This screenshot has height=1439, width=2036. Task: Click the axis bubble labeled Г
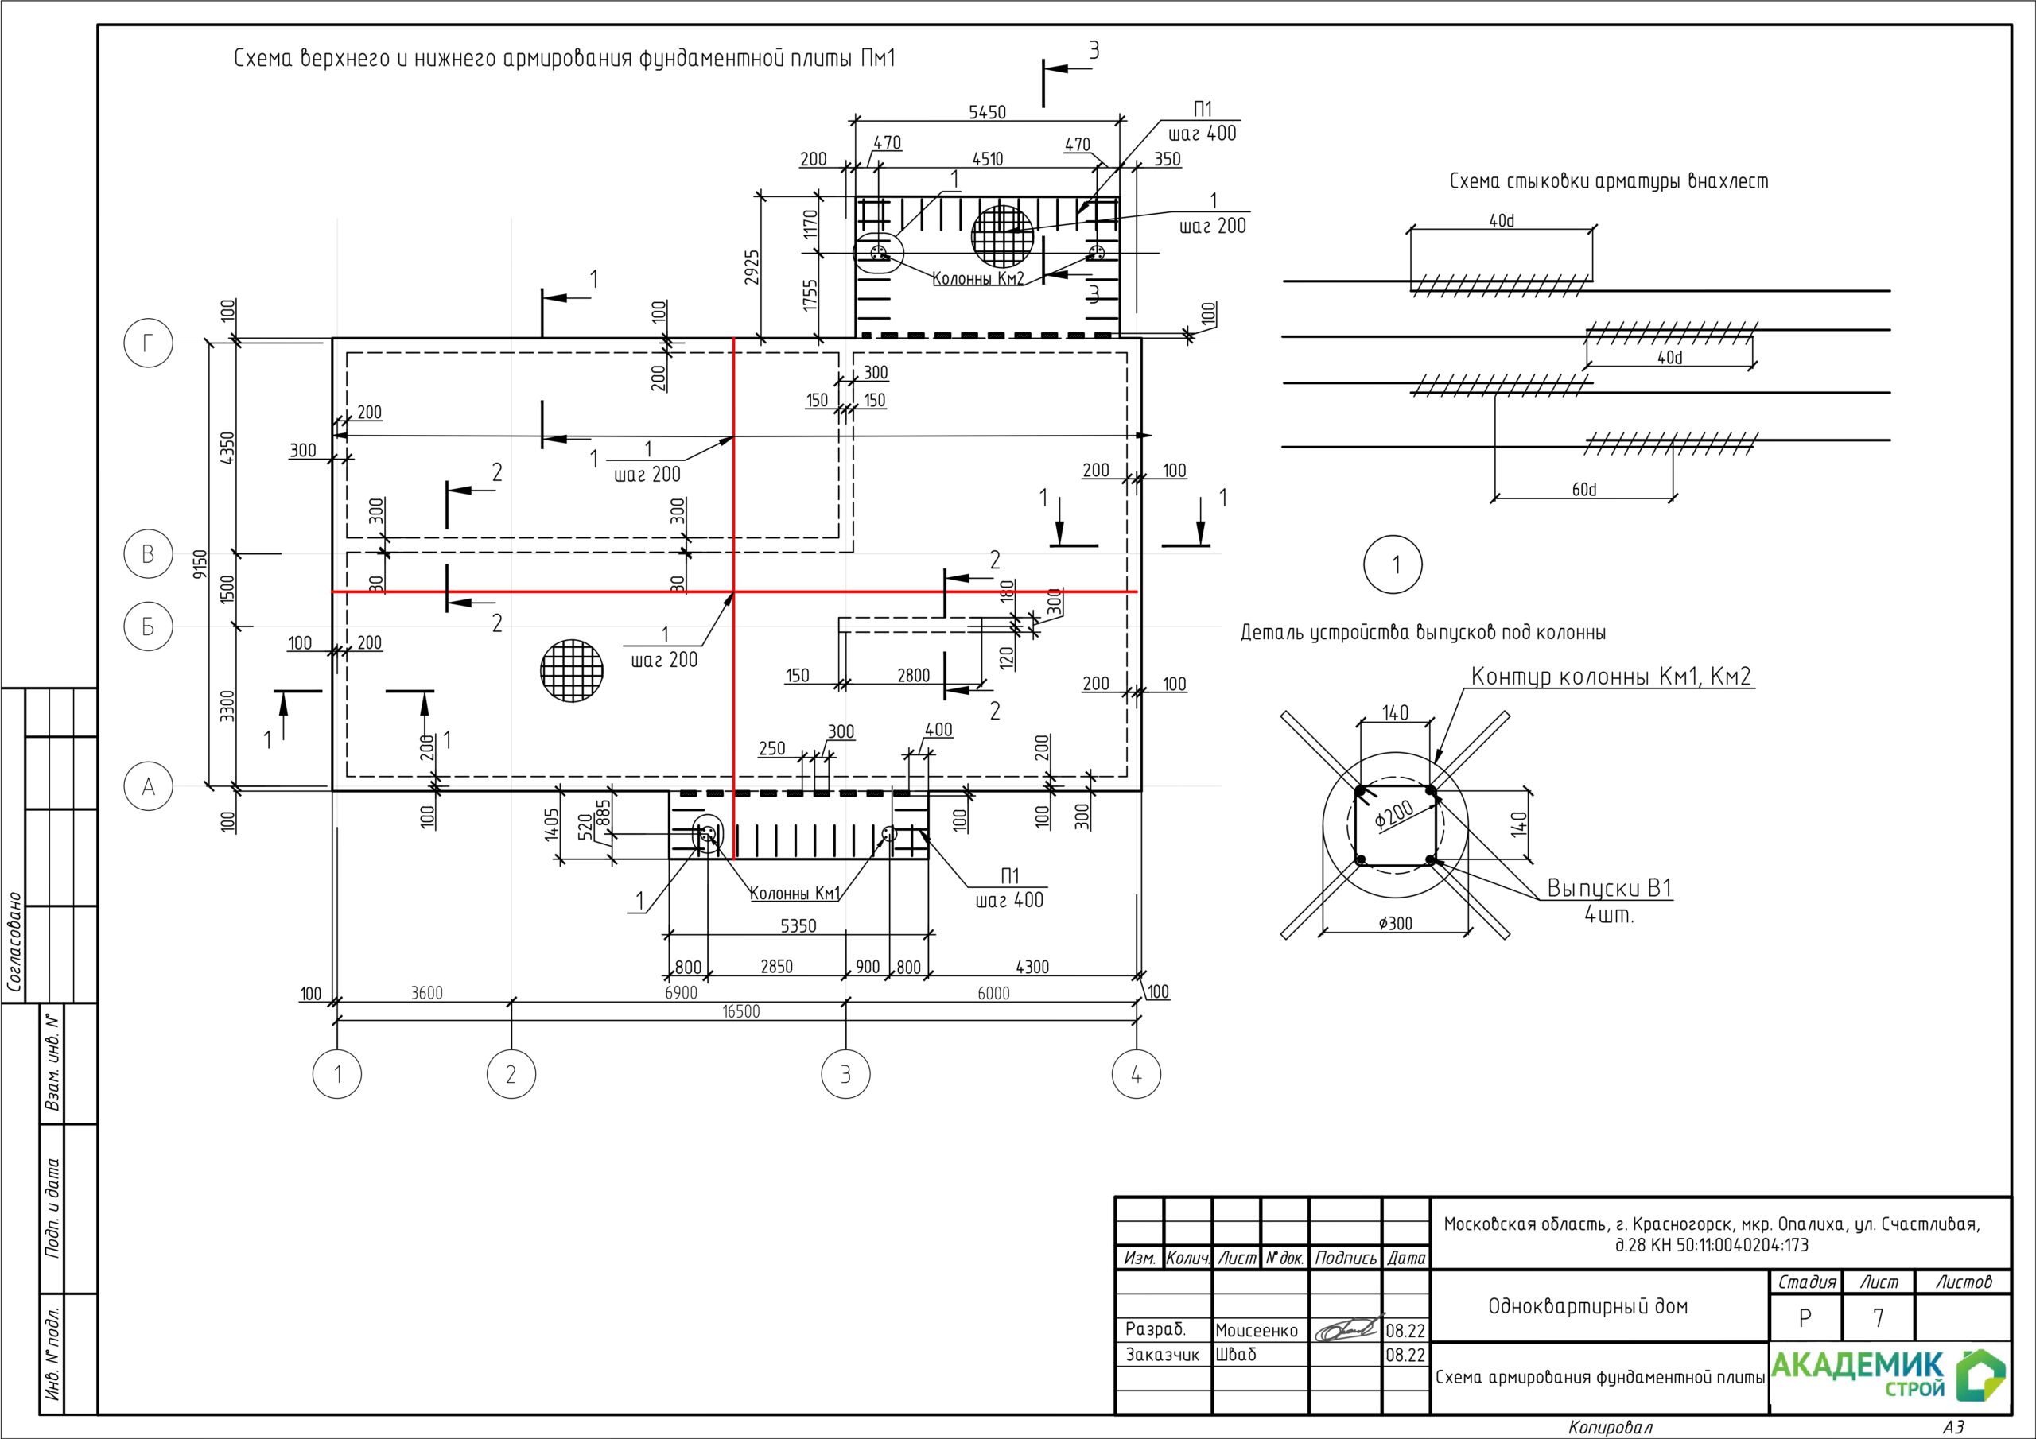[x=148, y=343]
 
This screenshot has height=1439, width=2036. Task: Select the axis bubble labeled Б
[x=148, y=626]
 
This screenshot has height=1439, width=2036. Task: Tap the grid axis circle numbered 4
[x=1136, y=1075]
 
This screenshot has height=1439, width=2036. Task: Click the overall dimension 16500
[x=740, y=1011]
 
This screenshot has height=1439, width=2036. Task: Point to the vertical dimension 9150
[x=200, y=564]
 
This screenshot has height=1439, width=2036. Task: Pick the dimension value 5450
[x=987, y=112]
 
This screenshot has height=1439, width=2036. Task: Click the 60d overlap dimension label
[x=1583, y=490]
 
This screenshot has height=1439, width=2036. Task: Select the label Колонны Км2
[x=978, y=279]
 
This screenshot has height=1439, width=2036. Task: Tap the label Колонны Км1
[x=795, y=893]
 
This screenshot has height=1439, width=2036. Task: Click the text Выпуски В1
[x=1610, y=887]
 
